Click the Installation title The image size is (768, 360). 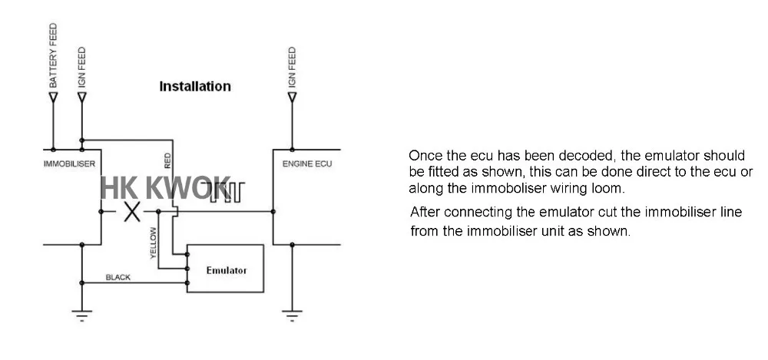(194, 86)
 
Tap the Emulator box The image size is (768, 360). (226, 269)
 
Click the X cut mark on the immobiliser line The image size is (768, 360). (132, 210)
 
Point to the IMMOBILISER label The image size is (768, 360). (69, 164)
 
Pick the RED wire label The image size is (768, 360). (167, 160)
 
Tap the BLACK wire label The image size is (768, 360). (118, 277)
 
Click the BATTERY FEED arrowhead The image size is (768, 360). (54, 97)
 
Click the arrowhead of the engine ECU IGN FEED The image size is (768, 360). (291, 97)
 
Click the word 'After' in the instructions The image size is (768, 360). (426, 212)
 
